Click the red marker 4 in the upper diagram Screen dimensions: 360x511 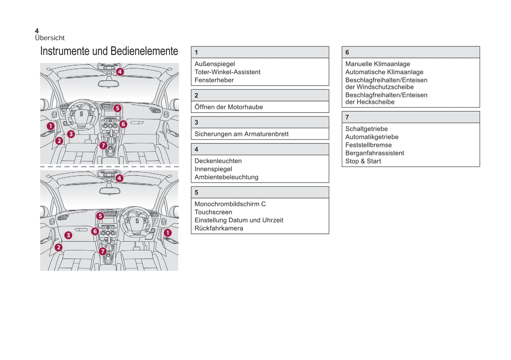click(120, 72)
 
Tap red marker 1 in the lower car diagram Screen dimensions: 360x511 click(168, 232)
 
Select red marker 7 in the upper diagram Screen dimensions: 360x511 click(103, 145)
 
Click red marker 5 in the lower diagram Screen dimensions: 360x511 click(100, 216)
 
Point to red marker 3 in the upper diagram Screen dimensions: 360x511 click(71, 134)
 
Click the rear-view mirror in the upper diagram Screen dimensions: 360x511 click(109, 84)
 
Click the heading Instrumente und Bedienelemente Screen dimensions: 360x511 click(109, 51)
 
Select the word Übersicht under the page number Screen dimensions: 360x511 click(50, 38)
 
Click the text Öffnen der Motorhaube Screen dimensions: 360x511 click(228, 107)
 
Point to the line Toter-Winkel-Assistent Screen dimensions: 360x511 click(227, 72)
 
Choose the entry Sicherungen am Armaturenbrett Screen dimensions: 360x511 click(242, 134)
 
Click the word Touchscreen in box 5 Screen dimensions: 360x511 click(213, 212)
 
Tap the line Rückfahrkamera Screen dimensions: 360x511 click(219, 228)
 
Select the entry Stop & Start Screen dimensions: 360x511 click(363, 161)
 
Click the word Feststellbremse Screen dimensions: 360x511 click(368, 145)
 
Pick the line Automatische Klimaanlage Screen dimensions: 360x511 click(384, 72)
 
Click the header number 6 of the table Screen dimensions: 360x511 click(347, 52)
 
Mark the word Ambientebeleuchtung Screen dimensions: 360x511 click(226, 177)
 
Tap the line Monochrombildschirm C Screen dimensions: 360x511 click(230, 204)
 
